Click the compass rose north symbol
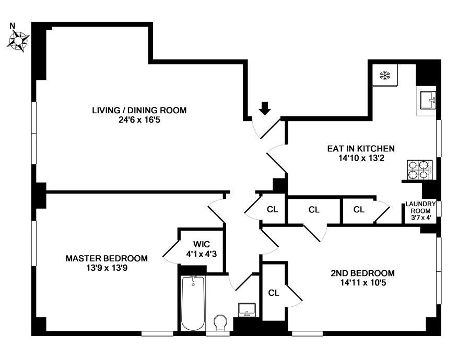coord(18,41)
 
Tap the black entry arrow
coord(264,108)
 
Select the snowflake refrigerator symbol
coord(384,76)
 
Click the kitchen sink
coord(428,101)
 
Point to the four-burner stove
coord(419,170)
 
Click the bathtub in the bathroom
coord(193,303)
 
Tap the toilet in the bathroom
coord(221,322)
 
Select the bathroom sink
coord(247,310)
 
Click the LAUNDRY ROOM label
coord(420,207)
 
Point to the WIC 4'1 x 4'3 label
coord(202,249)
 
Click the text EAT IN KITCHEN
coord(361,149)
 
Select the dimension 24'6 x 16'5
coord(139,120)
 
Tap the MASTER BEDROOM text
coord(107,258)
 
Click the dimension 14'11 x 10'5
coord(363,282)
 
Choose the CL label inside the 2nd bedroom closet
coord(273,293)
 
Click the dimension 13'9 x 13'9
coord(107,268)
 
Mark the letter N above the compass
coord(13,26)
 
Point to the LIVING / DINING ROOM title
coord(139,110)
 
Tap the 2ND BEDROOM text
coord(363,273)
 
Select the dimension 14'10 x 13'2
coord(361,158)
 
